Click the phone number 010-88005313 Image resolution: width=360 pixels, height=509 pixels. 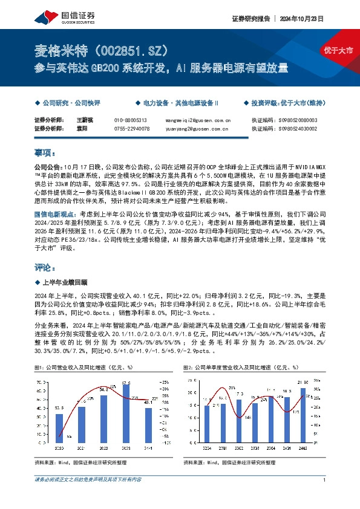131,120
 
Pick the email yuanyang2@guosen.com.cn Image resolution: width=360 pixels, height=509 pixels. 197,128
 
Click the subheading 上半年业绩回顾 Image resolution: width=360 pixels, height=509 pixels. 64,282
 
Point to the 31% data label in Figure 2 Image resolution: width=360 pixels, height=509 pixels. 231,387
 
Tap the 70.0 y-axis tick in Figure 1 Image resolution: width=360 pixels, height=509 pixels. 41,383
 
